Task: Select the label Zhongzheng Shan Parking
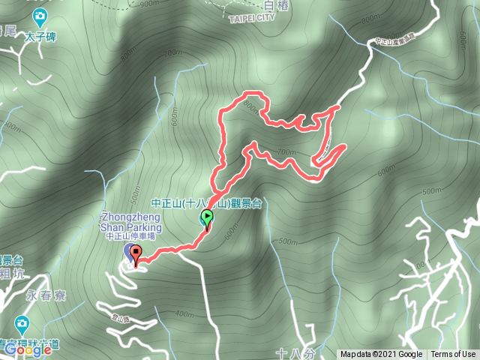(x=130, y=222)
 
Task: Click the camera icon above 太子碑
(x=39, y=16)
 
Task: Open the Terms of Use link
(x=453, y=355)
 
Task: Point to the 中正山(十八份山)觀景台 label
(x=206, y=202)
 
